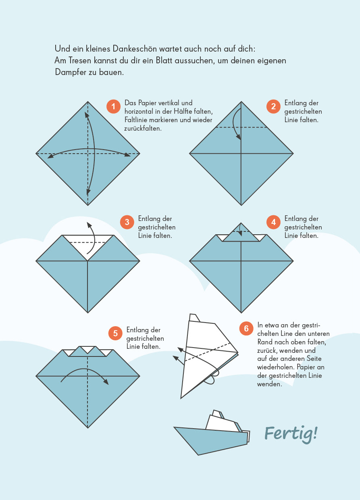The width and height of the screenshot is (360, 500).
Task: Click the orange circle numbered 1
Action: (113, 106)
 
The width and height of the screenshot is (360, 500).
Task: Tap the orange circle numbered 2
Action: (273, 106)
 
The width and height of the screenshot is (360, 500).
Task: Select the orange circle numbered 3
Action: (127, 222)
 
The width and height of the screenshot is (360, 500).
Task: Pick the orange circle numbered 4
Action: (273, 222)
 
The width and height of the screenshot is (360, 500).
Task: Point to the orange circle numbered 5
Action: (115, 333)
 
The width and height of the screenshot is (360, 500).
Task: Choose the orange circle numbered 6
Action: (246, 328)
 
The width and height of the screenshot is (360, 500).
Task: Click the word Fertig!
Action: (291, 434)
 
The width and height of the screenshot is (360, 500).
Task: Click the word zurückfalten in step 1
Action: (143, 129)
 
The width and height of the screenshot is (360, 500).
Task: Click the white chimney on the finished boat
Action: (217, 414)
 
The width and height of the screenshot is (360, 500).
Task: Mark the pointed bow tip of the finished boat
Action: (174, 427)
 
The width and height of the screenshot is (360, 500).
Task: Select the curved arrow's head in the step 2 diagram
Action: (239, 137)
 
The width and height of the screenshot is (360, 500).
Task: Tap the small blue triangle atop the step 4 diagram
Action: (241, 233)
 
